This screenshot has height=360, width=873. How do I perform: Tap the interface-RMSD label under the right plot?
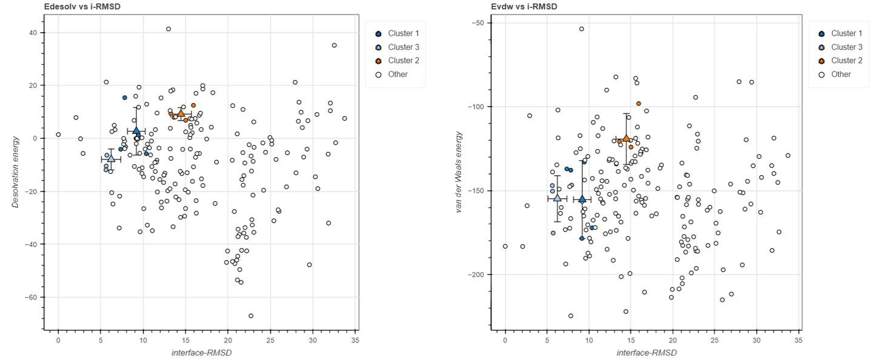646,353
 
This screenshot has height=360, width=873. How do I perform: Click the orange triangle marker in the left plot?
181,113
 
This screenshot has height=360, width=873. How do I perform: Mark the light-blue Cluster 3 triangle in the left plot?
111,158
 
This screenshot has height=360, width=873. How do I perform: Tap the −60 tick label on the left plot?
33,298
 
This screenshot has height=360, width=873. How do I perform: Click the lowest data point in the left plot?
251,316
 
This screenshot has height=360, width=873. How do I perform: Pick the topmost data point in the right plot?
581,28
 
